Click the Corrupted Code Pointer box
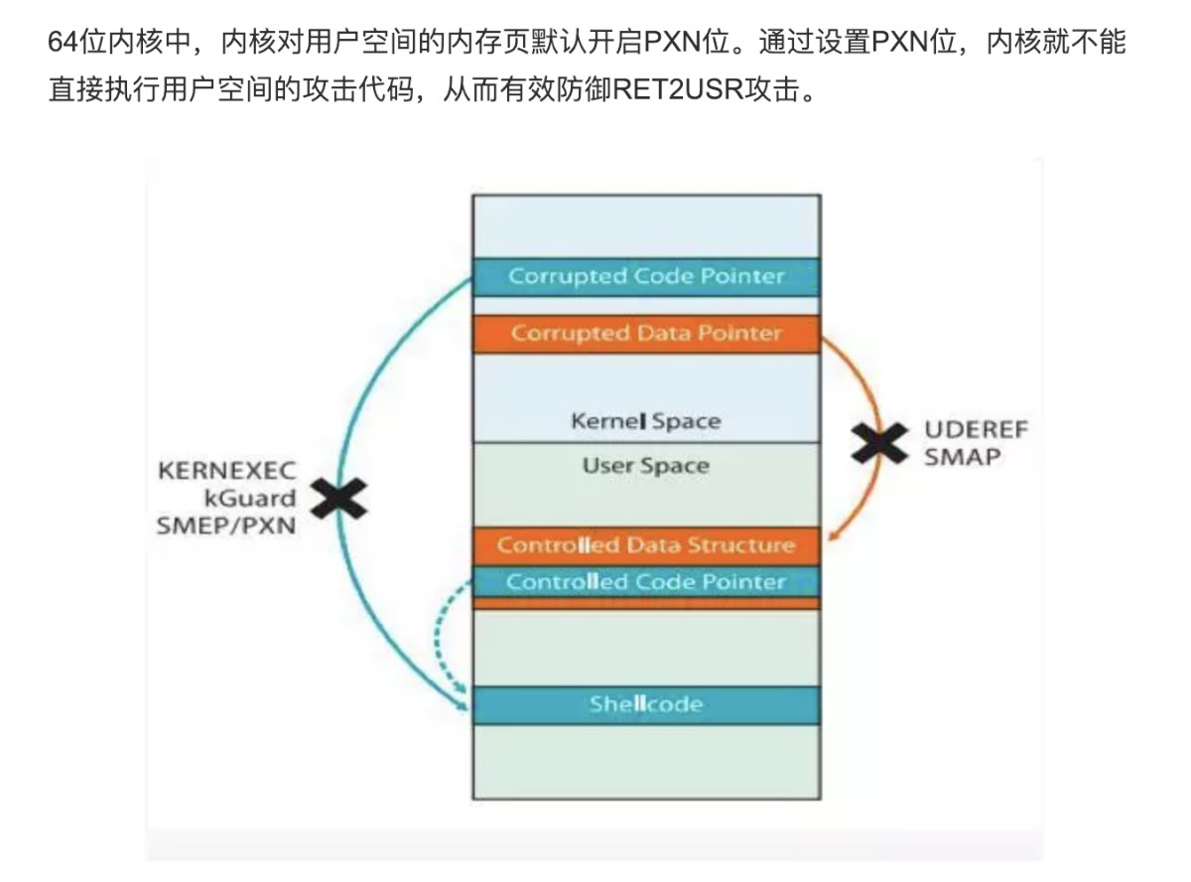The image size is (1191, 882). pos(646,276)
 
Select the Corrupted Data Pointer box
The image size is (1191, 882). pos(646,334)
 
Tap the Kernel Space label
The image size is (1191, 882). pos(645,421)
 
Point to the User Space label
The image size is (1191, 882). pos(645,466)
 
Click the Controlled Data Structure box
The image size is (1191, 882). pos(646,545)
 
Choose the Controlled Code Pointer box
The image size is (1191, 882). pos(646,582)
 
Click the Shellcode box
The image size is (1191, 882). pos(646,705)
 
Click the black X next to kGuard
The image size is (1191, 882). pos(339,498)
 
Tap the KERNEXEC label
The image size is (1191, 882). pos(226,472)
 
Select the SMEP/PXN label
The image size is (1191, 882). pos(226,525)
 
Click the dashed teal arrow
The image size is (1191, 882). pos(438,636)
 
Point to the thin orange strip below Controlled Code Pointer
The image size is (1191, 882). pos(646,604)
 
